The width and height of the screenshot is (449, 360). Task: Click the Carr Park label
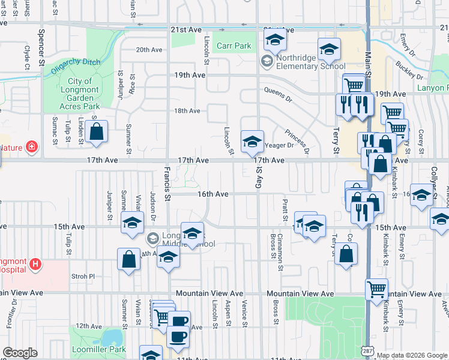pos(234,46)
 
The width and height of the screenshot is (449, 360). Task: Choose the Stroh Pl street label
pos(83,277)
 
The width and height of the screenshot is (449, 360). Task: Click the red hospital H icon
pos(36,263)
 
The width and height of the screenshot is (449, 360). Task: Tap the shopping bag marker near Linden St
pos(96,132)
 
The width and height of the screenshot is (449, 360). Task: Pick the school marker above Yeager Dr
pos(252,142)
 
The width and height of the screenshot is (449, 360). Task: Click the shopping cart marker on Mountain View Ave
pos(376,290)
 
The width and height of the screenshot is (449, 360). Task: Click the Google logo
pos(20,353)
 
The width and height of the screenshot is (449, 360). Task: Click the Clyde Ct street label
pos(27,57)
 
